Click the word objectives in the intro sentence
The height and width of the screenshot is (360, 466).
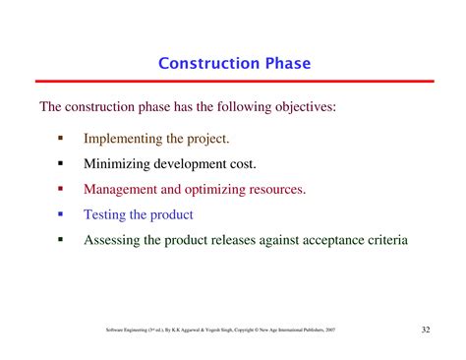301,106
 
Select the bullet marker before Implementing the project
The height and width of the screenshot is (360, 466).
60,139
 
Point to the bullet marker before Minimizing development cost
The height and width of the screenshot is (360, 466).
60,163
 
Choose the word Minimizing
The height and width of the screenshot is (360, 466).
120,163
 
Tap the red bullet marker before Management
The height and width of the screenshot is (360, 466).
60,188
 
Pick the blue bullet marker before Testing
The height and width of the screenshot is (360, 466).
60,213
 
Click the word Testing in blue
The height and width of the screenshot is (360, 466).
107,213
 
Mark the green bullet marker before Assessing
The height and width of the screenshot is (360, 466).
60,238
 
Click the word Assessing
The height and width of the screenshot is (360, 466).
114,238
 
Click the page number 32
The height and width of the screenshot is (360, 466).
424,330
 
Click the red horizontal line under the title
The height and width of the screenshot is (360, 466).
233,81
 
